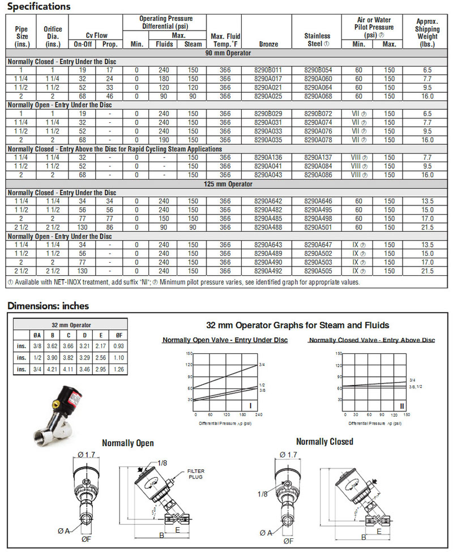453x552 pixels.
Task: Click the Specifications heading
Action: (x=39, y=7)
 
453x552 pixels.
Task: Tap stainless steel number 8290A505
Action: (x=318, y=271)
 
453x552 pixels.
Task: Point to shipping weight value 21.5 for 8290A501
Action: (x=428, y=227)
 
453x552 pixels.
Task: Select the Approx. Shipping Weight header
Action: (x=428, y=29)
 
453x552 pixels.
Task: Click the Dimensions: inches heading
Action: (x=48, y=306)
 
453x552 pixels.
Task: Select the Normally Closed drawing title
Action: (x=324, y=442)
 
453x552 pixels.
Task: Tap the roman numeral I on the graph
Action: (x=250, y=405)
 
